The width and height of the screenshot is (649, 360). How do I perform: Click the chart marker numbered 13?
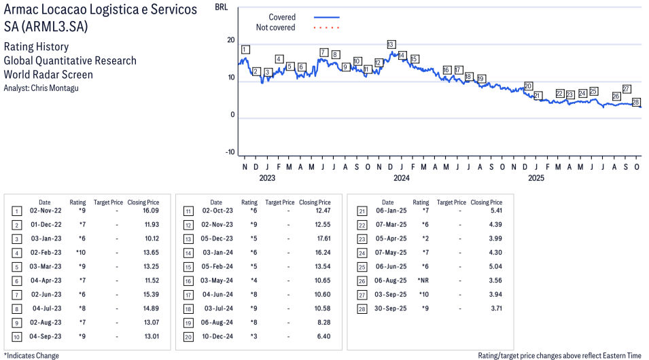point(391,44)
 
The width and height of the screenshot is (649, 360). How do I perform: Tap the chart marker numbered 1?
point(245,49)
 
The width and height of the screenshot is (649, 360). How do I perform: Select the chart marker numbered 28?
point(636,102)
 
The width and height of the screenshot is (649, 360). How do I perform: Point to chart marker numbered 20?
point(528,86)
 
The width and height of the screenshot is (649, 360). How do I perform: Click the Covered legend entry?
point(282,17)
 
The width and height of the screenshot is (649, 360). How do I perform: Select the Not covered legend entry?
point(275,28)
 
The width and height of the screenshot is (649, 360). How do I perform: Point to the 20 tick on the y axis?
point(230,40)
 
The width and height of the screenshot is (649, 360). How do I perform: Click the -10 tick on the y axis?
point(229,151)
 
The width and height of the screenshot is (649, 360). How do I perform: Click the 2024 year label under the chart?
point(402,179)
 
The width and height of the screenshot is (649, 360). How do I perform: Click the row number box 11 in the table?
point(188,211)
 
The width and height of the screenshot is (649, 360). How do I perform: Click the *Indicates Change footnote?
point(31,355)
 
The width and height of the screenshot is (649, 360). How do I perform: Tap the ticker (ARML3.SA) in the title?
point(55,26)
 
